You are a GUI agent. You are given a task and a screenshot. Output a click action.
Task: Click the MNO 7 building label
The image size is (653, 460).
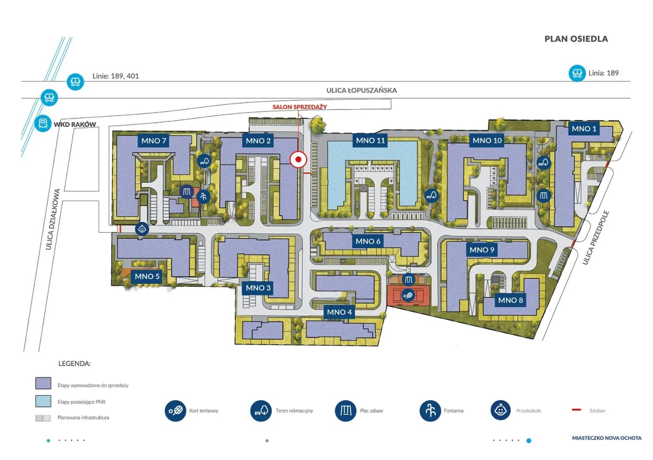pyautogui.click(x=154, y=141)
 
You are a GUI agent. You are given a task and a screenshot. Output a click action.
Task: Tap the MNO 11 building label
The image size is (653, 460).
pyautogui.click(x=371, y=141)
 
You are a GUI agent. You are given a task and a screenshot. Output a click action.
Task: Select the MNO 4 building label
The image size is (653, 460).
pyautogui.click(x=339, y=312)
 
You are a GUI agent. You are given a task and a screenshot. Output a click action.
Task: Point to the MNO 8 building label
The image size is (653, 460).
pyautogui.click(x=510, y=300)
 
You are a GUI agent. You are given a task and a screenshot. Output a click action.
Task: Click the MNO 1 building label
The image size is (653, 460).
pyautogui.click(x=584, y=129)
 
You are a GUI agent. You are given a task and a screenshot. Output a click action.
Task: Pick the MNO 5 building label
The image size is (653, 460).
pyautogui.click(x=147, y=276)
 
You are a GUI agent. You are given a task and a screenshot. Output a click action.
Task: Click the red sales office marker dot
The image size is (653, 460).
pyautogui.click(x=298, y=159)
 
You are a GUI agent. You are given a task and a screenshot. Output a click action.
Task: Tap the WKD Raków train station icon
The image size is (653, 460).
pyautogui.click(x=43, y=124)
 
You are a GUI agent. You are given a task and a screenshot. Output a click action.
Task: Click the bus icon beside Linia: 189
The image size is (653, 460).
pyautogui.click(x=577, y=73)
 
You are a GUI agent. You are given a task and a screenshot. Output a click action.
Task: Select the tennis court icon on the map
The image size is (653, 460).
pyautogui.click(x=408, y=295)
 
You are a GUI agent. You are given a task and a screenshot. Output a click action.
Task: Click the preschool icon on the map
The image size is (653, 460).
pyautogui.click(x=142, y=229)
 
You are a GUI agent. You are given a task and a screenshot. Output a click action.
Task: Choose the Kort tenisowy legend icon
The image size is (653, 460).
pyautogui.click(x=175, y=411)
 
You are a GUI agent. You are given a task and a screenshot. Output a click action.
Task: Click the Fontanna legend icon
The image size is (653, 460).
pyautogui.click(x=430, y=411)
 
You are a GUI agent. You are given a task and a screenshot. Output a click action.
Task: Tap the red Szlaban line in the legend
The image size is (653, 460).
pyautogui.click(x=577, y=410)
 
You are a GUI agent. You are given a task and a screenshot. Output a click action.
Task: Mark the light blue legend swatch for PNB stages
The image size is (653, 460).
pyautogui.click(x=43, y=401)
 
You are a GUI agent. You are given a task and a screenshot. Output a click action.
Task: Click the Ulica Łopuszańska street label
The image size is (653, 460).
pyautogui.click(x=361, y=90)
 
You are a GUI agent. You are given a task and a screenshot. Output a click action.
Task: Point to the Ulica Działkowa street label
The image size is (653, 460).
pyautogui.click(x=53, y=220)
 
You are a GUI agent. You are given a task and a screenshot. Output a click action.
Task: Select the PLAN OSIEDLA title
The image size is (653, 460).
pyautogui.click(x=576, y=39)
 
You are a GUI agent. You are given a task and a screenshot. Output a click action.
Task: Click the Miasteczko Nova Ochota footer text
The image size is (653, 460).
pyautogui.click(x=607, y=438)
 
